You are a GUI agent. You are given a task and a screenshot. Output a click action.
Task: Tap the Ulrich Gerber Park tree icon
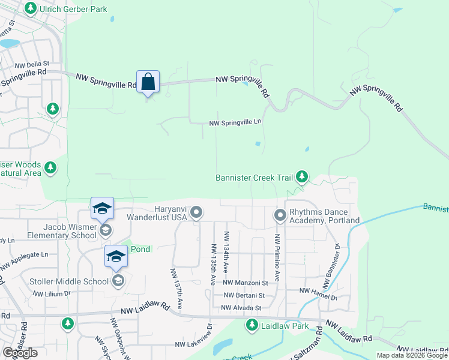point(30,9)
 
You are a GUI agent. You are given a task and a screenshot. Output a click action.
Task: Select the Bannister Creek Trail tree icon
point(303,176)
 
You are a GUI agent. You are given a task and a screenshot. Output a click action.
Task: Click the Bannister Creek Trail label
point(255,178)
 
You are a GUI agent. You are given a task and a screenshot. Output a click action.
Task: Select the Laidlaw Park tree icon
point(252,325)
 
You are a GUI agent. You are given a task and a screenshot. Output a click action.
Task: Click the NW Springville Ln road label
point(235,122)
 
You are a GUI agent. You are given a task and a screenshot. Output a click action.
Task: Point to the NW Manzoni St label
point(245,283)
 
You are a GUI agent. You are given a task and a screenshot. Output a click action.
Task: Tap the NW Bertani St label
point(244,295)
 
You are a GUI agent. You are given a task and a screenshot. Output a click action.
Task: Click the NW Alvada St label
point(241,308)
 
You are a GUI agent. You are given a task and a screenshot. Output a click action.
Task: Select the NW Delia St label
point(32,64)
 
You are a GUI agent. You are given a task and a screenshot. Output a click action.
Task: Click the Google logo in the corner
point(20,353)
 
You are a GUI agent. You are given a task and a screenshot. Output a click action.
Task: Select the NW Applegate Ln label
point(24,259)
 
